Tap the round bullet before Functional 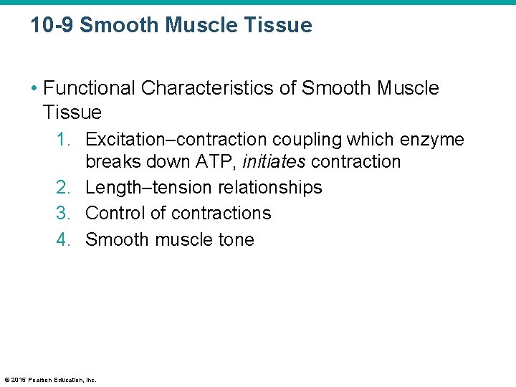(34, 89)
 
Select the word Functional (89, 88)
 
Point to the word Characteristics (217, 88)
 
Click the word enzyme (433, 139)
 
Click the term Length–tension (142, 188)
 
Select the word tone (235, 239)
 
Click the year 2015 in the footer (18, 380)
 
